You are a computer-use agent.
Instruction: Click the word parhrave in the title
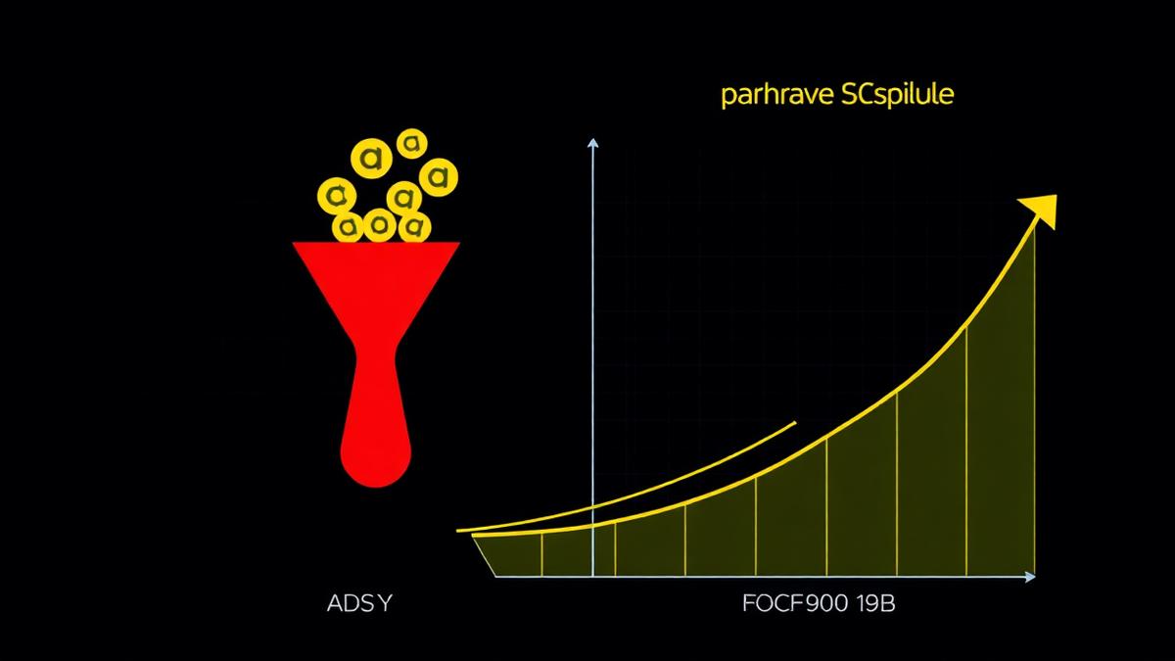[x=777, y=96]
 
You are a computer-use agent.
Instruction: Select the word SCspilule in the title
[x=898, y=95]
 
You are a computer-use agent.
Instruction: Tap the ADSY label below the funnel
[x=360, y=604]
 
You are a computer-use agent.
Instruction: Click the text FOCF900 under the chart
[x=795, y=604]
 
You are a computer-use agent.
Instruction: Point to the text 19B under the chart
[x=875, y=604]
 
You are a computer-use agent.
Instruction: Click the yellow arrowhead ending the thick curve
[x=1040, y=211]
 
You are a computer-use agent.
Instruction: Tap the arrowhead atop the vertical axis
[x=592, y=143]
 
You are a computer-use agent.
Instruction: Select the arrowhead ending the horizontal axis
[x=1030, y=577]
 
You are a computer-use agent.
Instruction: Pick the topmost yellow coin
[x=412, y=143]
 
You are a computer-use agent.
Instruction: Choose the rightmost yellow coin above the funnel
[x=439, y=177]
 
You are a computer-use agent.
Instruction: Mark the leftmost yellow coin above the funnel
[x=337, y=196]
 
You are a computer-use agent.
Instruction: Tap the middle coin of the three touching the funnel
[x=379, y=225]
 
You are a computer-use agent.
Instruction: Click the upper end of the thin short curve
[x=795, y=422]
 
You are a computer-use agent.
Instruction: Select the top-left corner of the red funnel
[x=293, y=243]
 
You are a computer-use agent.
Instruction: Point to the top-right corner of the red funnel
[x=459, y=243]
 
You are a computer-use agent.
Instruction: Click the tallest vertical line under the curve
[x=1035, y=401]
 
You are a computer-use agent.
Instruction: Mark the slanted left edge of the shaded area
[x=484, y=556]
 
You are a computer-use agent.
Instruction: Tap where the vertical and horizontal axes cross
[x=592, y=577]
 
